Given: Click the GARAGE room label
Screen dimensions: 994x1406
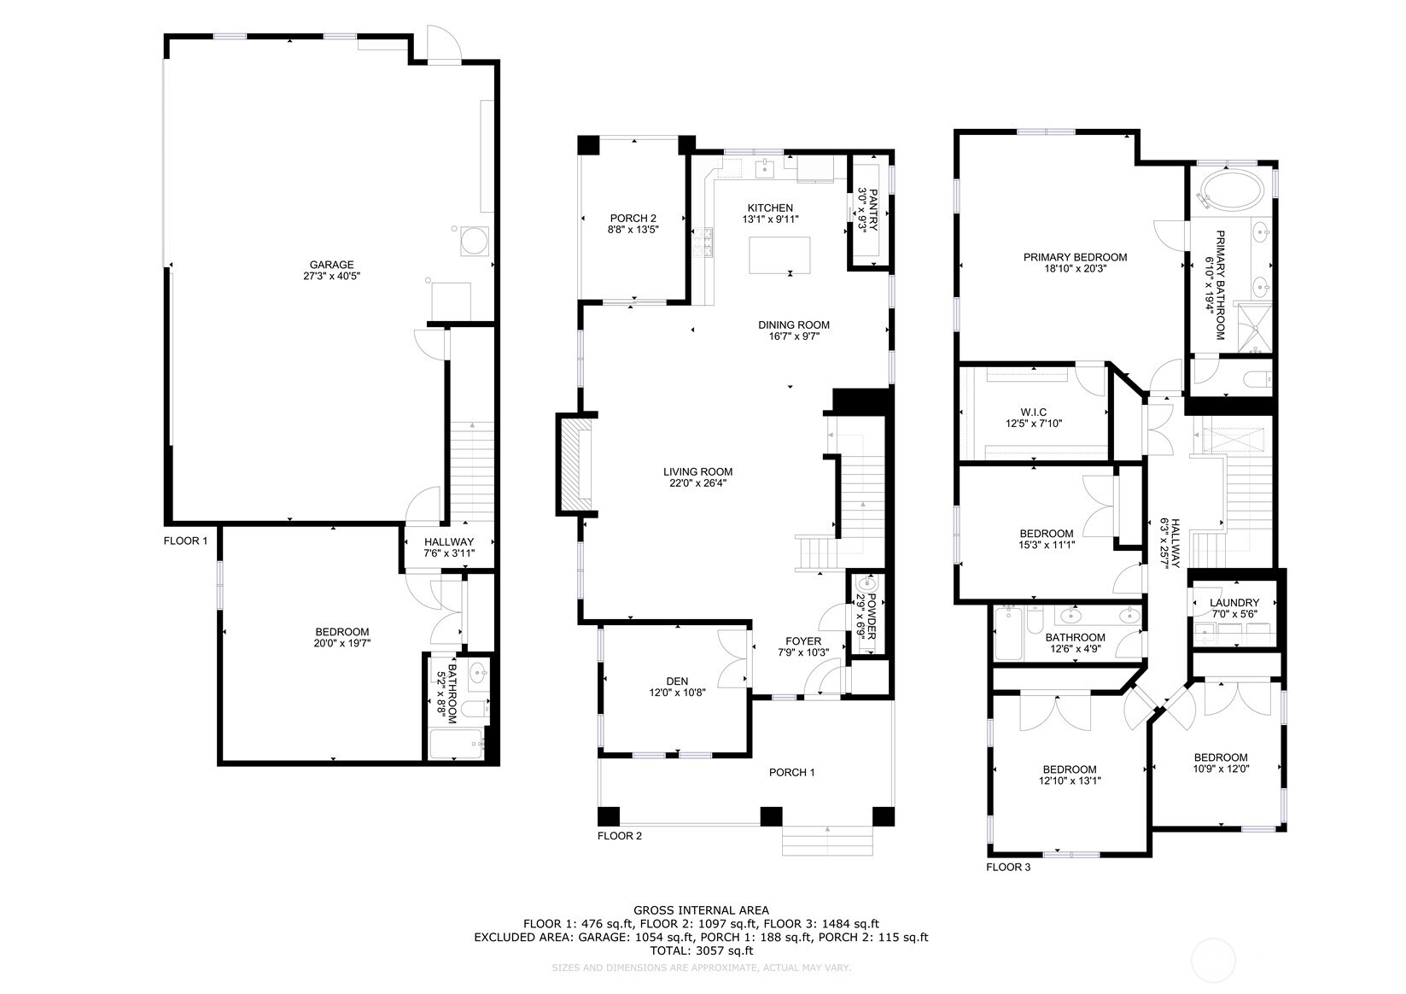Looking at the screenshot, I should click(x=331, y=265).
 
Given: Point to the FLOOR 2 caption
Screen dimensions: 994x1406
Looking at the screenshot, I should click(x=619, y=836).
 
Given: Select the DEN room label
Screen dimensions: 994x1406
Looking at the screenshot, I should click(x=677, y=681).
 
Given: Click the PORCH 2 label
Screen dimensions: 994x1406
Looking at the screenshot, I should click(x=633, y=219).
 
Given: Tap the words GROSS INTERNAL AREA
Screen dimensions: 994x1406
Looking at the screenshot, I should click(x=701, y=910).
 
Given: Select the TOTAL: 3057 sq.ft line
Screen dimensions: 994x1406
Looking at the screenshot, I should click(x=701, y=950).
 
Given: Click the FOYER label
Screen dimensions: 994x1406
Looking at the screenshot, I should click(x=803, y=641).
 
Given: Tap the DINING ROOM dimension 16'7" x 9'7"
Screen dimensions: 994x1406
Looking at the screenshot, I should click(x=794, y=336).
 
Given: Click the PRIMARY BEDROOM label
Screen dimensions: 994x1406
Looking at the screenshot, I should click(x=1075, y=257).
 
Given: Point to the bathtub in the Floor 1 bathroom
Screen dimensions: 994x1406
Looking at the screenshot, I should click(x=456, y=745).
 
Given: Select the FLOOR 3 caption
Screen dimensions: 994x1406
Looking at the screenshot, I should click(x=1008, y=868).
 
